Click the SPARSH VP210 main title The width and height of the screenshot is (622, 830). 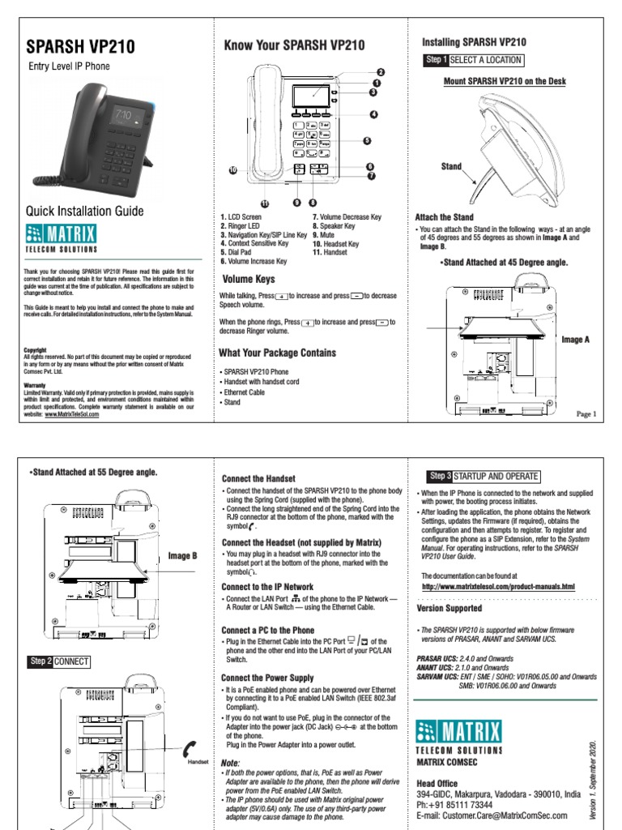click(81, 46)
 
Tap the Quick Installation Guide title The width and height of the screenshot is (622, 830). click(85, 211)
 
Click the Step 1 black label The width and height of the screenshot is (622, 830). click(436, 60)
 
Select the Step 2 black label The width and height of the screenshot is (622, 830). click(40, 661)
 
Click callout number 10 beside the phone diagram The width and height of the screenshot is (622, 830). click(232, 170)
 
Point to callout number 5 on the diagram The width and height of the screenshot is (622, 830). click(367, 140)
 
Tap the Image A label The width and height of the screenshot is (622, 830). click(575, 340)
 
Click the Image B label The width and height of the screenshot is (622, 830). click(182, 555)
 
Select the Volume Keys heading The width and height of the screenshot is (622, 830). click(248, 279)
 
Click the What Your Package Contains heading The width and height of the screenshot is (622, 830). click(277, 353)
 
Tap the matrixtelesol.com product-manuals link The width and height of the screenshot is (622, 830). click(498, 586)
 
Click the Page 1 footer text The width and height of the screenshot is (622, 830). click(586, 414)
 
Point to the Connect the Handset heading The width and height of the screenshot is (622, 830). click(258, 479)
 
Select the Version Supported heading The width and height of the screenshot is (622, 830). click(449, 608)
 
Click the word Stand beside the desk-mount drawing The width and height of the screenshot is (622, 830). click(451, 166)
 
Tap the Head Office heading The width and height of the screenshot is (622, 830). click(438, 784)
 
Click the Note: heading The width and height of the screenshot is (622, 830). click(231, 763)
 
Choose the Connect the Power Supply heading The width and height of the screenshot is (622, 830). click(267, 678)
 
